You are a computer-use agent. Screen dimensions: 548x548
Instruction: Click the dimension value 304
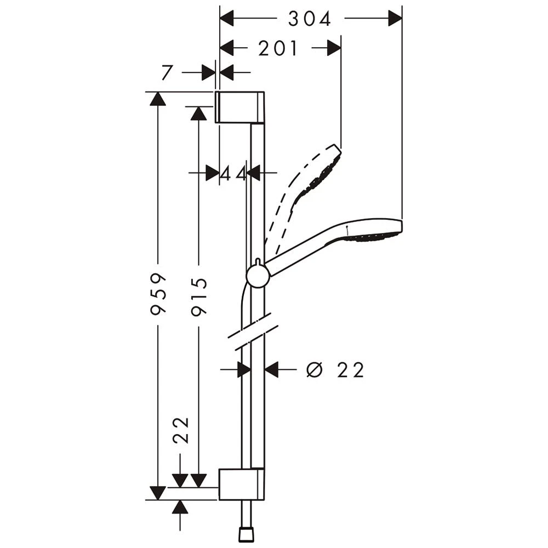coord(310,20)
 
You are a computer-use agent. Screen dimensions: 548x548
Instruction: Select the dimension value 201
coord(278,49)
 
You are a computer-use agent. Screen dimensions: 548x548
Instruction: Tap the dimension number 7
coord(168,72)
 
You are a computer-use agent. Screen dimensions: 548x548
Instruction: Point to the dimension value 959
coord(158,294)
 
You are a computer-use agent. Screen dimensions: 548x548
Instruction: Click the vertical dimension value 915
coord(198,296)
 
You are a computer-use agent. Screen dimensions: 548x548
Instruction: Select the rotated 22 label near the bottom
coord(181,430)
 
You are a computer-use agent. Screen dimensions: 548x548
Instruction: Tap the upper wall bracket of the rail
coord(241,107)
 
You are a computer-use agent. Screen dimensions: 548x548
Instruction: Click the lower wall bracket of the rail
coord(241,484)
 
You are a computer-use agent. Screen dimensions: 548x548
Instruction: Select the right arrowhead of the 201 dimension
coord(334,49)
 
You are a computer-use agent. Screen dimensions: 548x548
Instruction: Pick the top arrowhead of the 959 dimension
coord(158,99)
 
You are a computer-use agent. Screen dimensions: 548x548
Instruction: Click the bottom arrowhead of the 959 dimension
coord(158,493)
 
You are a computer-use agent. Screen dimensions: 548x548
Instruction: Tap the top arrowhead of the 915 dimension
coord(198,113)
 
